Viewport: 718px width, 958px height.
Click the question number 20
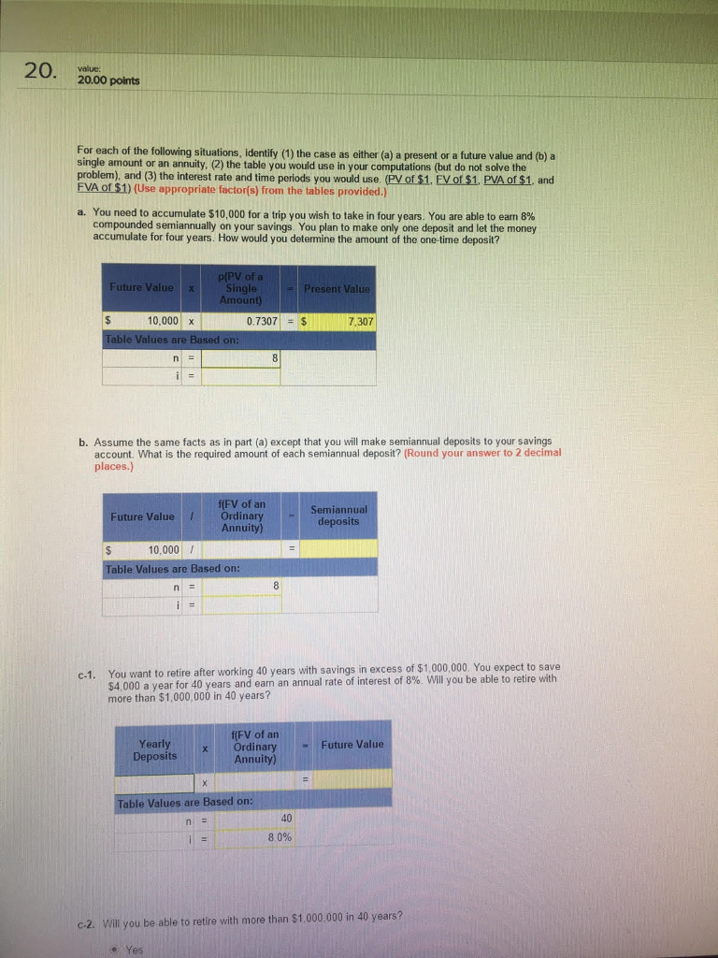click(42, 71)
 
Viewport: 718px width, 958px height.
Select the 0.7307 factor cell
click(241, 322)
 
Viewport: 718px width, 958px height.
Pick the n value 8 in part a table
click(241, 357)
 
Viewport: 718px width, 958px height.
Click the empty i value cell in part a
click(241, 376)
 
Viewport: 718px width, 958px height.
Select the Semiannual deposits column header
click(337, 515)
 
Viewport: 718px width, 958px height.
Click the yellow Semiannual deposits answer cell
click(337, 549)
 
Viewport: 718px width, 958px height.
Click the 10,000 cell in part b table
click(151, 549)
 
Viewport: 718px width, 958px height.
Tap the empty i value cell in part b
click(241, 603)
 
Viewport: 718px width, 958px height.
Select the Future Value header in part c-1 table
click(352, 745)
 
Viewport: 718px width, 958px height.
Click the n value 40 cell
click(248, 818)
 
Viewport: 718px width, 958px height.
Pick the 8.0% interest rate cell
click(248, 837)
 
